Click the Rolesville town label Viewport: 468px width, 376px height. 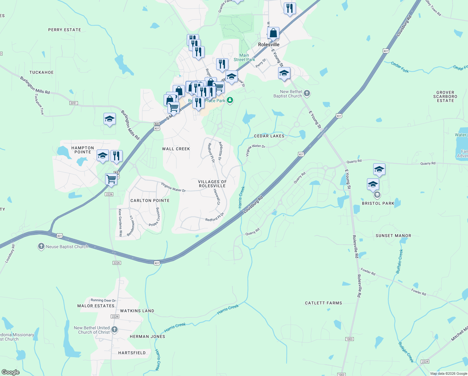(x=268, y=44)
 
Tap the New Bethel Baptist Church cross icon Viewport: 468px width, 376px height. (x=307, y=93)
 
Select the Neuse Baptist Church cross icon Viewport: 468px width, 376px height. (x=41, y=246)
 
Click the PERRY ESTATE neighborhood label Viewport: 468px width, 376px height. (x=64, y=30)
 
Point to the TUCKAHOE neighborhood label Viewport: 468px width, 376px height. (x=42, y=72)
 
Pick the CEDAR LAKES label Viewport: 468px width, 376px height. (x=269, y=136)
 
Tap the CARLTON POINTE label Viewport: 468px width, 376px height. (x=150, y=201)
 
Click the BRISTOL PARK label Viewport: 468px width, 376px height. (x=378, y=203)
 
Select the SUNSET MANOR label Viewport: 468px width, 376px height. (x=393, y=236)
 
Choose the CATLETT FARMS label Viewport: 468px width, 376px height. (x=323, y=303)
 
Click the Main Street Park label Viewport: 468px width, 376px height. (x=244, y=57)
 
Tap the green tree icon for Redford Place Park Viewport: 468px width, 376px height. (x=230, y=100)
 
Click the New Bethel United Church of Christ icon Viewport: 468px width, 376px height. (x=114, y=329)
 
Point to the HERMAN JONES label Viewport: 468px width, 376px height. (x=147, y=337)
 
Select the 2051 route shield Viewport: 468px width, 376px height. (x=73, y=103)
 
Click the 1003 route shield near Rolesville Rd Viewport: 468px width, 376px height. (x=349, y=339)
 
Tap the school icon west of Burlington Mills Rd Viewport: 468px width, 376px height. (x=109, y=119)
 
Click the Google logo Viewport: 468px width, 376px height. (x=11, y=372)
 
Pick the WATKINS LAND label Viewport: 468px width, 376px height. (x=137, y=311)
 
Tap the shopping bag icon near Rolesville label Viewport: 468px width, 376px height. (x=273, y=33)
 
